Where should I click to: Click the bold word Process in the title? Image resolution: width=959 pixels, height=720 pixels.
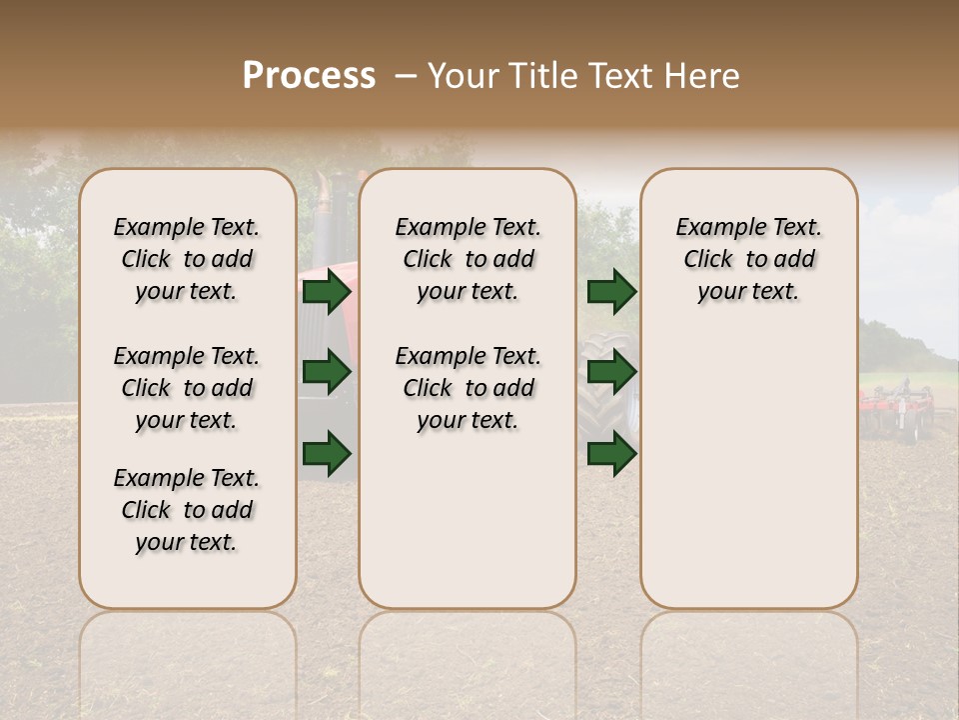click(309, 76)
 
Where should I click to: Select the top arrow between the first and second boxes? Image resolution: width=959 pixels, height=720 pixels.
click(327, 291)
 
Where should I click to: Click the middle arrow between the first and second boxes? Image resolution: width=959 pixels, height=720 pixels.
click(327, 372)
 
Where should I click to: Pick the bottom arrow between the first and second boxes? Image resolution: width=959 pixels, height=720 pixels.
click(327, 453)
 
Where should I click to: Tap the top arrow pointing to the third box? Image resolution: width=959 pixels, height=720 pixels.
click(611, 291)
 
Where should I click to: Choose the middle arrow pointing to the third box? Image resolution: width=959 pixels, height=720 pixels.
click(611, 372)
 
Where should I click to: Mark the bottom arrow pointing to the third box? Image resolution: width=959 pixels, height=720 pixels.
click(611, 453)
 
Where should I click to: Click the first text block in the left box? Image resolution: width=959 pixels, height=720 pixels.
click(187, 259)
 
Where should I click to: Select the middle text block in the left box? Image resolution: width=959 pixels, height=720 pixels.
click(187, 388)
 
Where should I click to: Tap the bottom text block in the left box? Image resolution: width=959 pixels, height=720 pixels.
click(187, 510)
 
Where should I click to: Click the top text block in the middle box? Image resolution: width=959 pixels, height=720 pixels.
click(468, 259)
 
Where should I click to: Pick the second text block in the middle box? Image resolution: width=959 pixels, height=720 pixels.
click(468, 388)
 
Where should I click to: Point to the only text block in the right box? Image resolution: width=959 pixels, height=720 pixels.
click(748, 259)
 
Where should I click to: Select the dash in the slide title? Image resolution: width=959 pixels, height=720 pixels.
click(405, 76)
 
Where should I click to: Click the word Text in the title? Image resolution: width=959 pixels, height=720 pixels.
click(616, 76)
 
